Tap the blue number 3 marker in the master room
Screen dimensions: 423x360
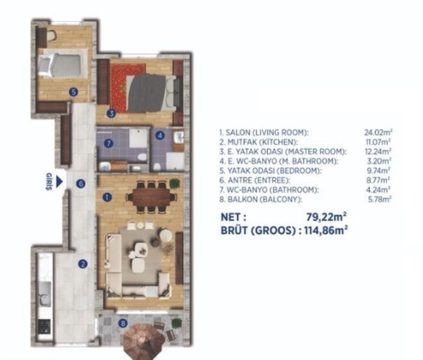tap(111, 114)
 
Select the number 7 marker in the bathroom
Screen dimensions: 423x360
tap(108, 143)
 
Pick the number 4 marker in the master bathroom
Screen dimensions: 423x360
tap(160, 135)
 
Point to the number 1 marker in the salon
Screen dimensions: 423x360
tap(107, 197)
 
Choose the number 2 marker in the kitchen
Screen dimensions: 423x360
tap(83, 264)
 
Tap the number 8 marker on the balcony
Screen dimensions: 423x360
tap(123, 324)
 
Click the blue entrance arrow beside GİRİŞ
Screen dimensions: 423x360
tap(59, 182)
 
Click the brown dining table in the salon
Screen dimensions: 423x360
tap(152, 197)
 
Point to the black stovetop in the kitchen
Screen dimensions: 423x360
tap(44, 327)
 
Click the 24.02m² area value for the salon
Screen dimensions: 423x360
tap(378, 132)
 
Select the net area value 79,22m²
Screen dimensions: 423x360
tap(326, 217)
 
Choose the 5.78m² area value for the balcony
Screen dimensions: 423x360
tap(380, 200)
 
